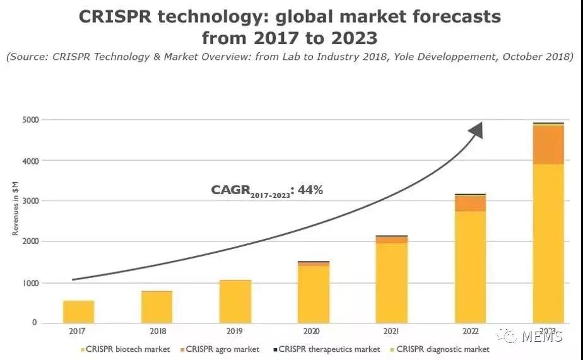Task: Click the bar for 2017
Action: [79, 311]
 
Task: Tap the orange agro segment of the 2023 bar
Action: [548, 145]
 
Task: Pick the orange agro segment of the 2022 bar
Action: [470, 203]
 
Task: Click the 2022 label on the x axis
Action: [470, 331]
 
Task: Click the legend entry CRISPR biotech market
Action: [125, 349]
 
